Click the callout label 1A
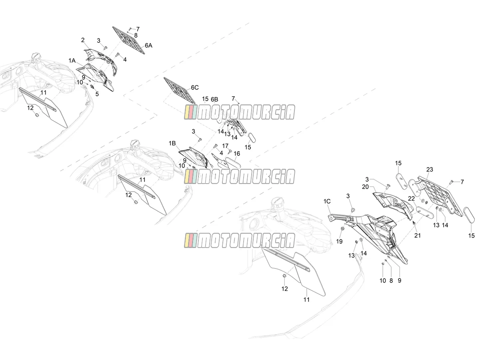tap(72, 60)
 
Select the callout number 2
tap(83, 40)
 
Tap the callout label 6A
tap(148, 46)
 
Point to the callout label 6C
tap(195, 88)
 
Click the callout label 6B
tap(214, 100)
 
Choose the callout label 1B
tap(172, 143)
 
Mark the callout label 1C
tap(327, 201)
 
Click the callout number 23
tap(430, 169)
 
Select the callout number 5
tap(97, 94)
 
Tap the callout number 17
tap(225, 146)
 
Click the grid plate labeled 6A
tap(129, 40)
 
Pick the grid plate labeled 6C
tap(180, 90)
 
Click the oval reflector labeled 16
tap(233, 163)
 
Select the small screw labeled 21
tap(414, 223)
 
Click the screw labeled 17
tap(229, 151)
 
